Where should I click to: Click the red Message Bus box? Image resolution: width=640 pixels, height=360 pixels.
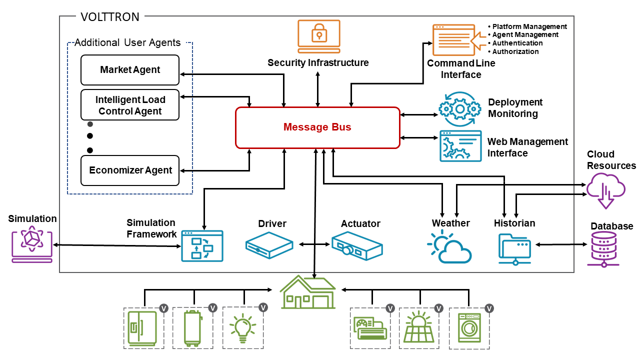[x=317, y=127]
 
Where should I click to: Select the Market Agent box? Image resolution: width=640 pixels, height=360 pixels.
[x=130, y=70]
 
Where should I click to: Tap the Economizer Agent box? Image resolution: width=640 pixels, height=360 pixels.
[x=130, y=170]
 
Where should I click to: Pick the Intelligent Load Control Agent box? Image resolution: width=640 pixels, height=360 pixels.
[x=130, y=105]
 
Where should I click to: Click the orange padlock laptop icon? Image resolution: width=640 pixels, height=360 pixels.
[x=318, y=36]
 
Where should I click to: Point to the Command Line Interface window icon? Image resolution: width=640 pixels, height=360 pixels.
[x=453, y=40]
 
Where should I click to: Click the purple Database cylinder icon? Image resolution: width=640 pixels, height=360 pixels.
[x=603, y=248]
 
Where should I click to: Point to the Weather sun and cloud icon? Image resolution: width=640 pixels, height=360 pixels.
[x=448, y=247]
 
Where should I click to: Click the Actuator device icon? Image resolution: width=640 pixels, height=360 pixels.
[x=357, y=245]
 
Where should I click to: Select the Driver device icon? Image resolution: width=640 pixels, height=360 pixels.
[x=269, y=245]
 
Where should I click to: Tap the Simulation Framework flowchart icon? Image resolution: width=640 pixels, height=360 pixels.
[x=202, y=246]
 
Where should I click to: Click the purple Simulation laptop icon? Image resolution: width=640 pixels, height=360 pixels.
[x=32, y=243]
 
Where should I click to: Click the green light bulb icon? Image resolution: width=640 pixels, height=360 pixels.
[x=243, y=328]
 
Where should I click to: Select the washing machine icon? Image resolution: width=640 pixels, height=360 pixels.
[x=469, y=328]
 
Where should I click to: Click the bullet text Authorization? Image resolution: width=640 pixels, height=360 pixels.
[x=515, y=51]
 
